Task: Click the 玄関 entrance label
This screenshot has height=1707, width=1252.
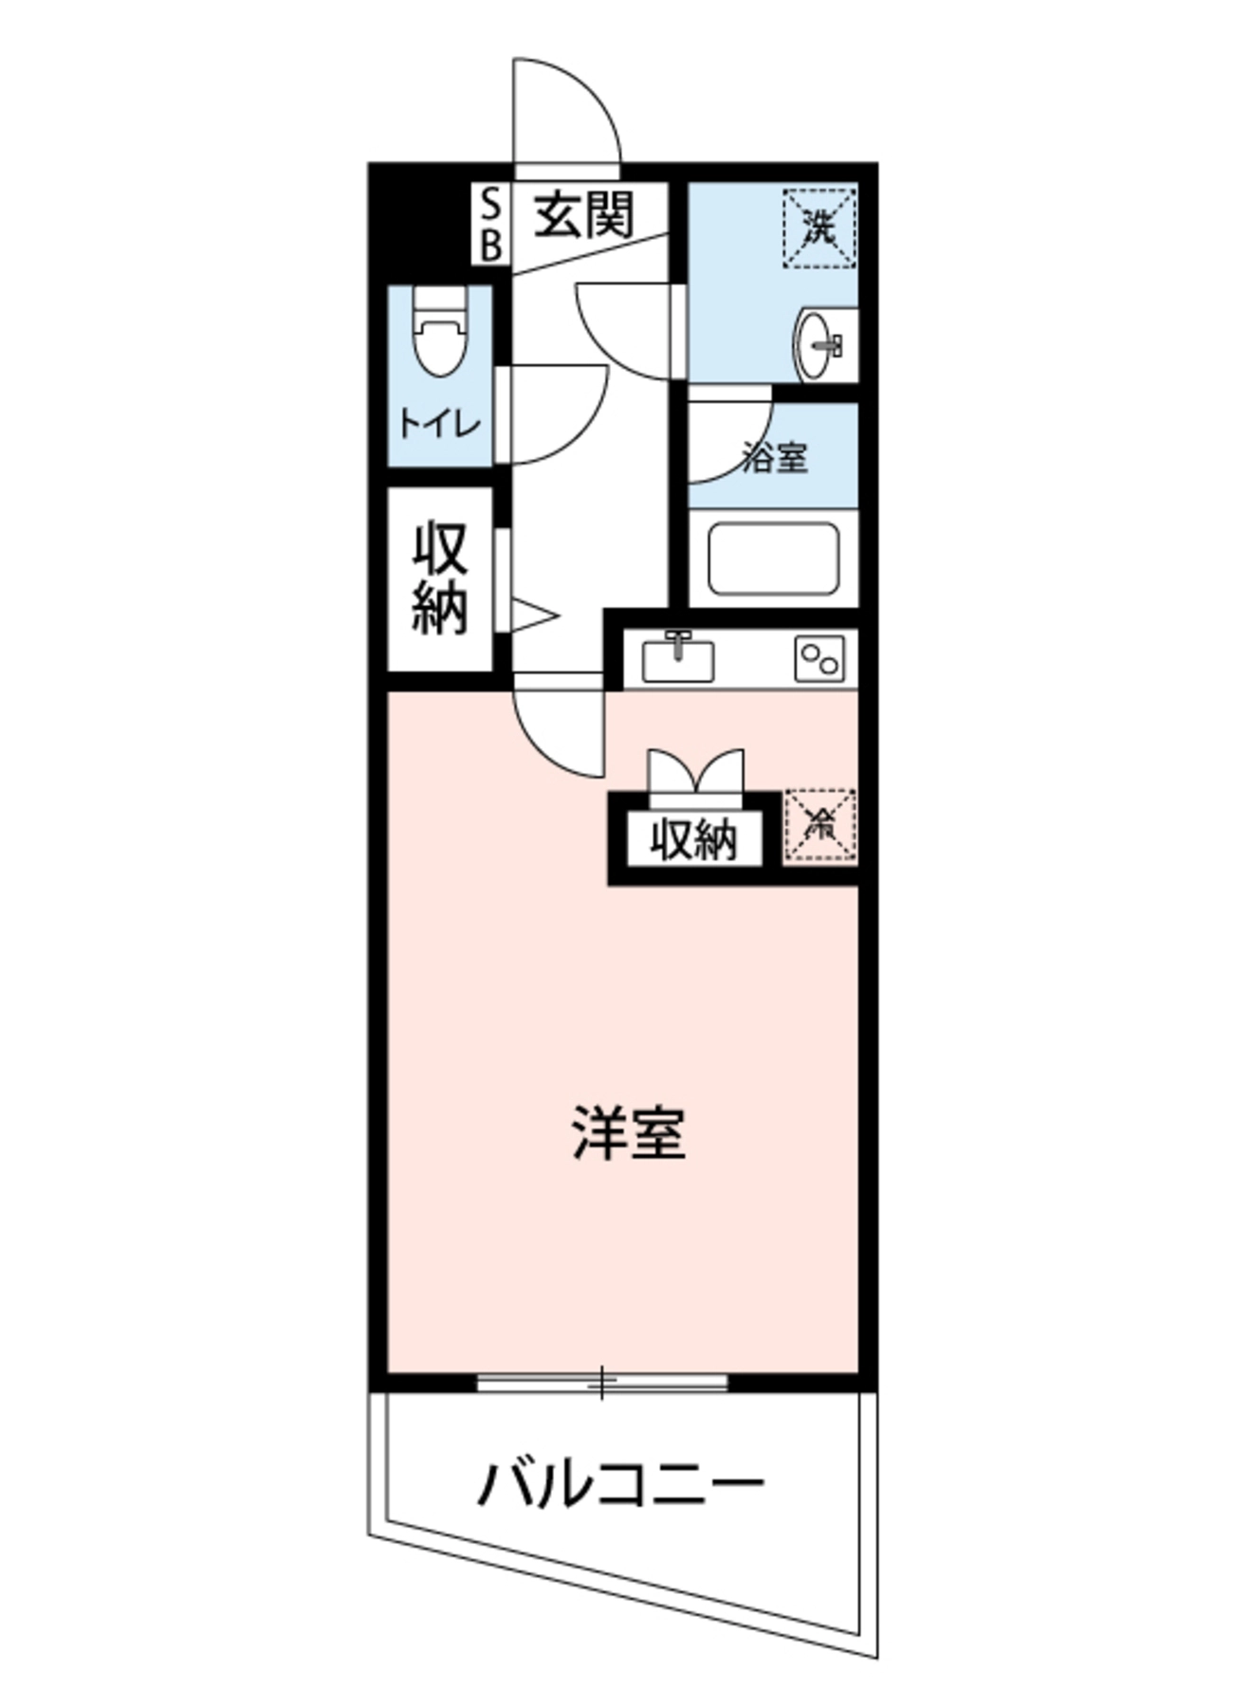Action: (582, 215)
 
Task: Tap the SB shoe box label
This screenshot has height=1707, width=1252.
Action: (490, 224)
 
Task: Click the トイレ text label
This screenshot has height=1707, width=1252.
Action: (439, 424)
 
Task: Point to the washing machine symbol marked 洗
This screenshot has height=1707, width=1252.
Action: (819, 228)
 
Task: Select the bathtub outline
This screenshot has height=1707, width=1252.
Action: (773, 560)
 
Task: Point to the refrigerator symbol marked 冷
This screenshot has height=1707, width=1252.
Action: (819, 827)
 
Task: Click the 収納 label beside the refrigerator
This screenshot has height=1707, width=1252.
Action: (694, 839)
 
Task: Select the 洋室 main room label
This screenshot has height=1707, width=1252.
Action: (628, 1132)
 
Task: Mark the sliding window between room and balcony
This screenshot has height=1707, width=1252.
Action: (601, 1382)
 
